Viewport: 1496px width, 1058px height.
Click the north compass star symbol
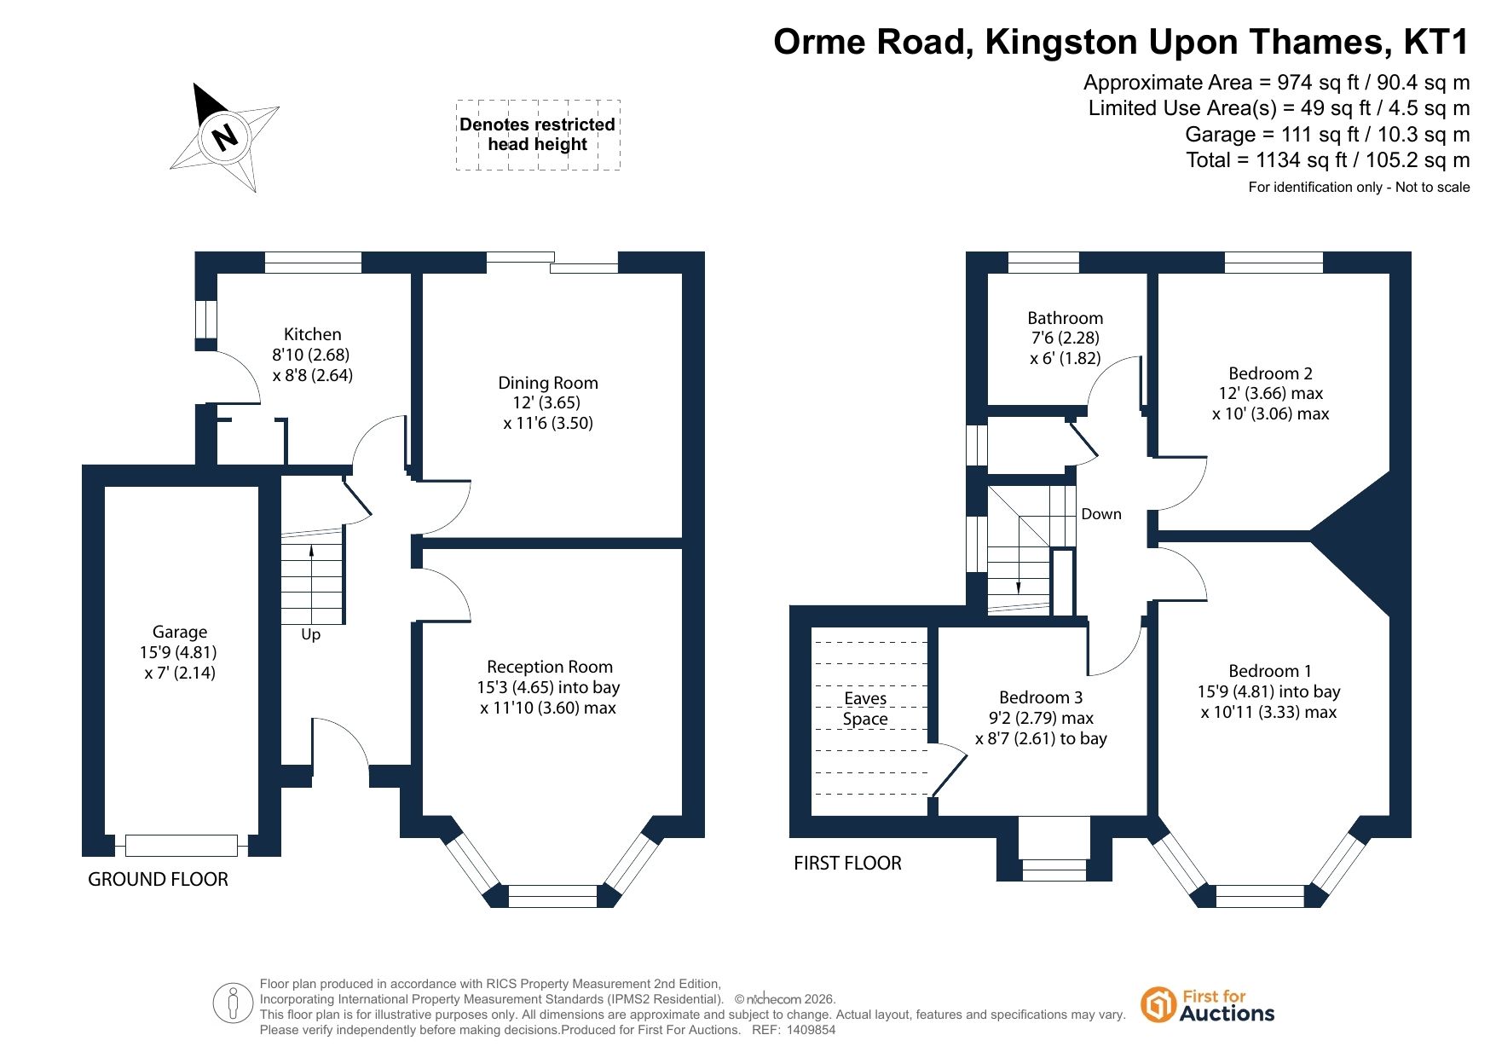[225, 136]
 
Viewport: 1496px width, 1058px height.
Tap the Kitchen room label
[312, 334]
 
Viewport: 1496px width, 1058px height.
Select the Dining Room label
[548, 383]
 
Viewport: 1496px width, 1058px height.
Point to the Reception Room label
[550, 667]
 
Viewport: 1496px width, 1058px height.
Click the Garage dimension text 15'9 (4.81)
[179, 652]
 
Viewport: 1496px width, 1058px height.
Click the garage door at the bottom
[182, 845]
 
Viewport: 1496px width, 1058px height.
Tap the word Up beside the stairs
[310, 635]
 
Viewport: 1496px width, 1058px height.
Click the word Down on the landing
[1101, 514]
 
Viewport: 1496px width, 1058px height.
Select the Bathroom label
[1066, 318]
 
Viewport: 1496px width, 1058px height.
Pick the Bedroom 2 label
[1270, 373]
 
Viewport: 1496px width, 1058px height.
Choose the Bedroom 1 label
[1270, 671]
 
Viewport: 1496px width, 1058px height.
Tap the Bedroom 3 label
[1041, 697]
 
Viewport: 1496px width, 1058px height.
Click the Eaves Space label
[865, 708]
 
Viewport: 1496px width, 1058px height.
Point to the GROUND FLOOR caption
[159, 879]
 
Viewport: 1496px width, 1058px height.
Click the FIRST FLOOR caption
[847, 863]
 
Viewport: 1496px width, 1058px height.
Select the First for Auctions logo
[1208, 1005]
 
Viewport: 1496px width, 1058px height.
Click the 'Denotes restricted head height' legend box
[538, 135]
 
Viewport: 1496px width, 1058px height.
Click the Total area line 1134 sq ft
[1328, 160]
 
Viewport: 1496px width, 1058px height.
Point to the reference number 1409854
[812, 1030]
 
